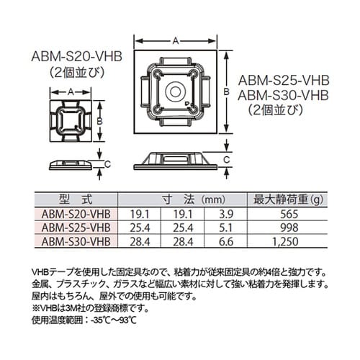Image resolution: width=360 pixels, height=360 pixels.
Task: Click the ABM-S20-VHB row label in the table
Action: (75, 214)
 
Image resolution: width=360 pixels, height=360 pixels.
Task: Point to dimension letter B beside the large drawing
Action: (225, 92)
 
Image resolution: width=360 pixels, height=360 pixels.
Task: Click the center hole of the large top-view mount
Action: (176, 93)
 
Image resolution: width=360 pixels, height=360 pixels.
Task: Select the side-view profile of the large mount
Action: (175, 159)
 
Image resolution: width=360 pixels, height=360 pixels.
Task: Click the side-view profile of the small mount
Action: (71, 163)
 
